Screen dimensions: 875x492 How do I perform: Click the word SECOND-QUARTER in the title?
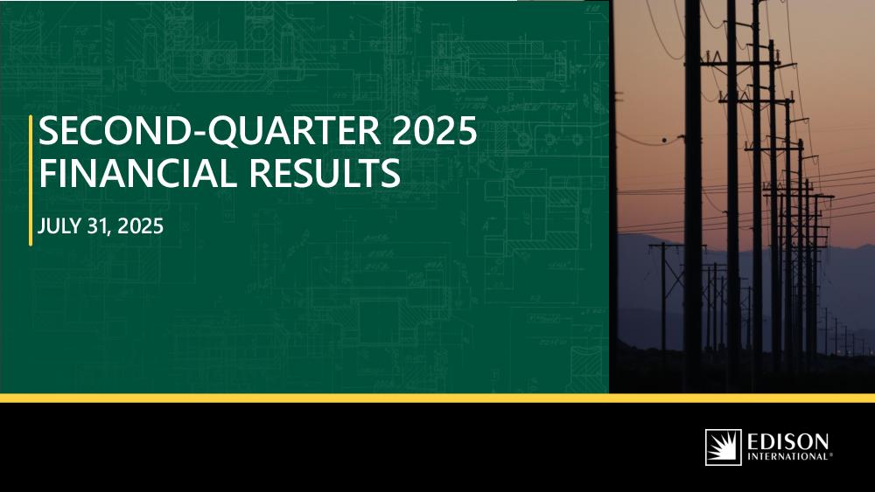pos(210,131)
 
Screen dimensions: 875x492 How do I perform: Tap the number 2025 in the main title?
pos(435,131)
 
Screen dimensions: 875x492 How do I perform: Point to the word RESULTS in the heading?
pos(325,173)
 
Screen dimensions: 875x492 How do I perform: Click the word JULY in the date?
pos(59,226)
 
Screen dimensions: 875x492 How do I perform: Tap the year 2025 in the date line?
pos(141,226)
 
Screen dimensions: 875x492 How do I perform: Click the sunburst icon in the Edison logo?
pos(724,447)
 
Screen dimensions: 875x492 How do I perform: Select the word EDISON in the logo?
pos(788,442)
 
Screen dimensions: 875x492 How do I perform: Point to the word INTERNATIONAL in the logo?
pos(787,457)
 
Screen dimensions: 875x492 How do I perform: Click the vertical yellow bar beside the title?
pos(30,180)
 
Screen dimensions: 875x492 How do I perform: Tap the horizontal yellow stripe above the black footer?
pos(437,398)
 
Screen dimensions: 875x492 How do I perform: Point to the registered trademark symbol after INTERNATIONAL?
pos(830,454)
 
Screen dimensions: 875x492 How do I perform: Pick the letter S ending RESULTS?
pos(390,173)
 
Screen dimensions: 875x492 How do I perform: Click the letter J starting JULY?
pos(41,227)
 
